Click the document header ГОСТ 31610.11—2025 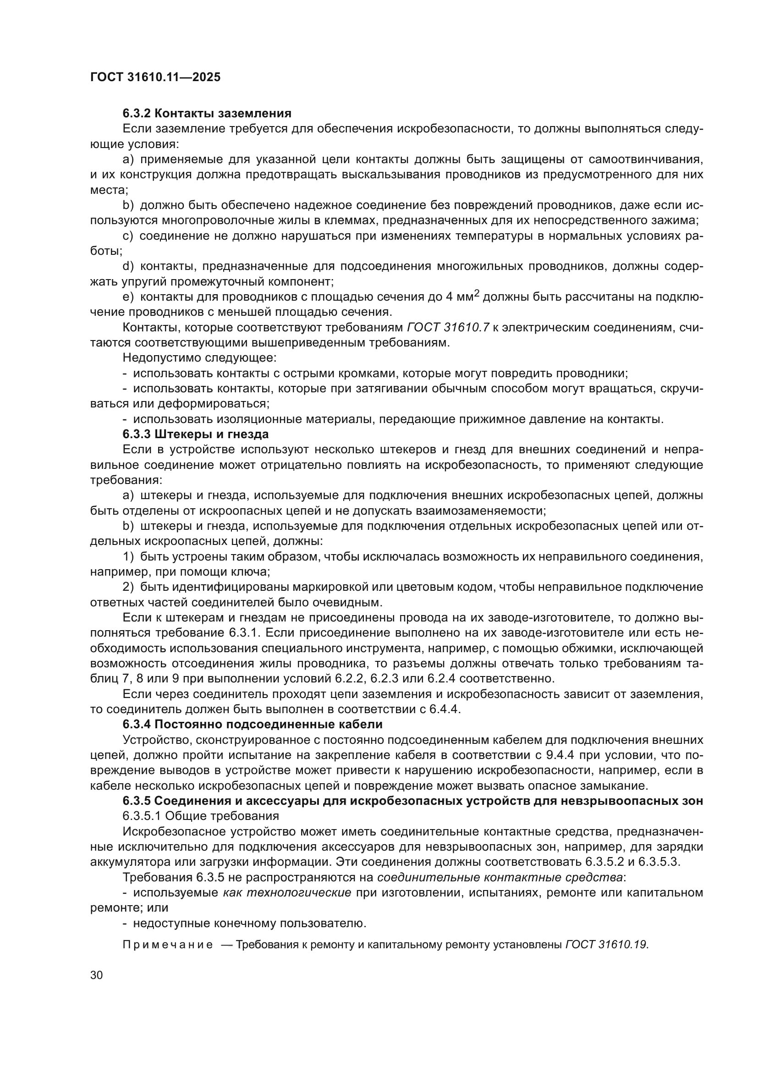[x=155, y=77]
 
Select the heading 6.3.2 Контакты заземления [x=207, y=114]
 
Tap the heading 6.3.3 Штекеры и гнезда [x=196, y=434]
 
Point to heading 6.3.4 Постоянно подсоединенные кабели [x=253, y=724]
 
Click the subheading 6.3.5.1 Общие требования [x=201, y=816]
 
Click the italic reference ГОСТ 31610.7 [x=448, y=328]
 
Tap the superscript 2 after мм [x=477, y=294]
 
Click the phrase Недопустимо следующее [x=200, y=358]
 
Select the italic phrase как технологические [x=287, y=893]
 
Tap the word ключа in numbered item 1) [x=253, y=572]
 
